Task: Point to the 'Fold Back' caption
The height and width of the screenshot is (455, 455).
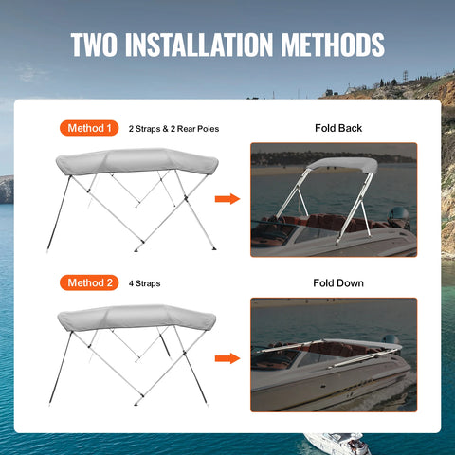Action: pos(337,128)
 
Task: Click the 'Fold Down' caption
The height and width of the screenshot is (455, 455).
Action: pos(337,282)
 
